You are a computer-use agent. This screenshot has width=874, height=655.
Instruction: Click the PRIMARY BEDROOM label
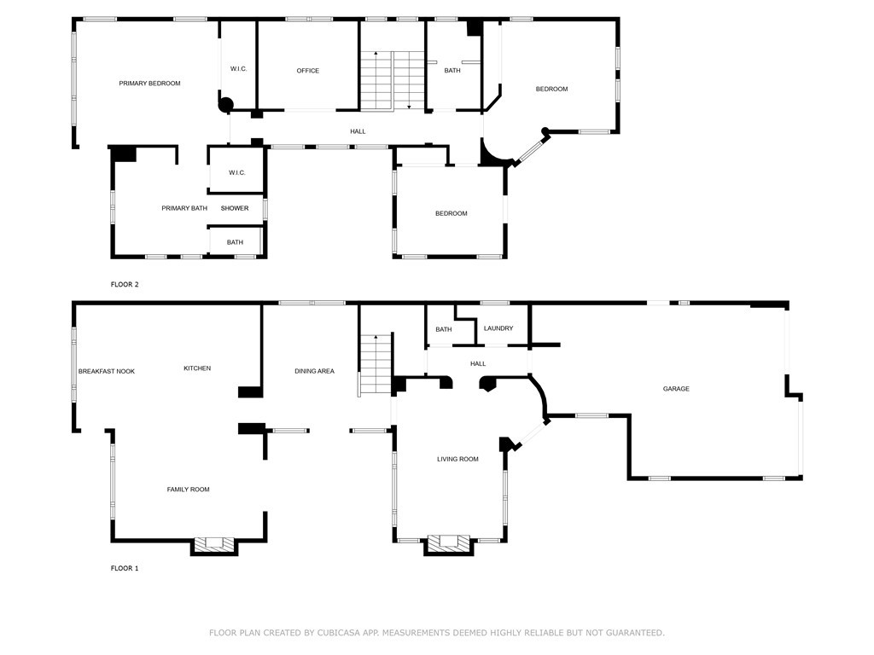coord(149,84)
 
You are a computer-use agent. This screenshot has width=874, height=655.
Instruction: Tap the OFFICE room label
coord(308,71)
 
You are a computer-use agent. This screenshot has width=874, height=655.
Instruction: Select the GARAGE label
coord(676,389)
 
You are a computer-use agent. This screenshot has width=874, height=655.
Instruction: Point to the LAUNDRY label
coord(498,328)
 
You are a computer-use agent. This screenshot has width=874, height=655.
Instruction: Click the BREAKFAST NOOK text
coord(107,371)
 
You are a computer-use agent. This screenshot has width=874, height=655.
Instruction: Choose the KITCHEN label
coord(197,368)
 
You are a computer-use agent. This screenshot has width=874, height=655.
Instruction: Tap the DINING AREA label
coord(314,371)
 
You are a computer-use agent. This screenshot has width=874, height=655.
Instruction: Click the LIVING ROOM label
coord(457,459)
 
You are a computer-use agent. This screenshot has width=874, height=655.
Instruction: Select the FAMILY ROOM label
coord(188,490)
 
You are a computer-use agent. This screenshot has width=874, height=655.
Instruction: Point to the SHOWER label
coord(235,208)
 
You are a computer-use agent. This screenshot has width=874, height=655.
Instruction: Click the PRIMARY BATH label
coord(184,208)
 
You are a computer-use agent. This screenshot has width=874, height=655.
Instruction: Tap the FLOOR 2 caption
coord(125,284)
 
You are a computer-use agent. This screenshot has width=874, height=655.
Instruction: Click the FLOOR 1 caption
coord(125,568)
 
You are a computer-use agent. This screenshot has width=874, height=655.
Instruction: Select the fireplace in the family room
coord(213,544)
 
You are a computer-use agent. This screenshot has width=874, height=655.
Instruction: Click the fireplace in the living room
coord(448,542)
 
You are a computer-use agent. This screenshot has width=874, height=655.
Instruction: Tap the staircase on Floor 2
coord(392,80)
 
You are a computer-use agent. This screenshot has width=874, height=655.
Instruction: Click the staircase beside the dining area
coord(375,364)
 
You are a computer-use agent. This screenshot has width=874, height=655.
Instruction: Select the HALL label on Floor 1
coord(478,364)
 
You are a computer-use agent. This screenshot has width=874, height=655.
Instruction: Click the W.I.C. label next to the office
coord(239,69)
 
